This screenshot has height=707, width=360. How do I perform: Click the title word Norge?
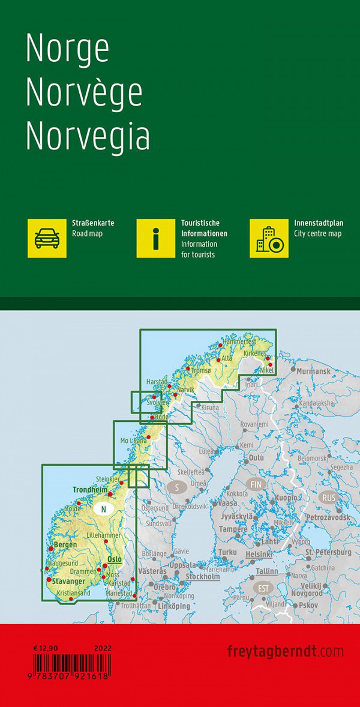click(x=67, y=50)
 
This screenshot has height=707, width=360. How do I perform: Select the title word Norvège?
click(x=84, y=94)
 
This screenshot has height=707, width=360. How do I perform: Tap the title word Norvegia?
click(x=88, y=136)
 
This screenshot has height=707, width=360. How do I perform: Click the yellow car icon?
click(x=47, y=238)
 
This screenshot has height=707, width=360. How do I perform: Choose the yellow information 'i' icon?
click(x=156, y=238)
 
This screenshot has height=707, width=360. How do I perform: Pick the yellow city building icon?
click(x=269, y=238)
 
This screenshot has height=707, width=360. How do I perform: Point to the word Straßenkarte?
click(x=93, y=223)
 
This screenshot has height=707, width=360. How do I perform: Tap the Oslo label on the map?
click(x=114, y=559)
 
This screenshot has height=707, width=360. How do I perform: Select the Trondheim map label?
click(x=89, y=489)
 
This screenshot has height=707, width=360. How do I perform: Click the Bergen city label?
click(x=65, y=544)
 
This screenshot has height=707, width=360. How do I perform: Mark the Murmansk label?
click(x=313, y=372)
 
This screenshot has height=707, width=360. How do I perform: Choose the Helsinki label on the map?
click(x=260, y=553)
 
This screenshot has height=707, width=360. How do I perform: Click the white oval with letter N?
click(x=104, y=509)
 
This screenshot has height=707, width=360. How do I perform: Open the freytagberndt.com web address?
click(x=286, y=651)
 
